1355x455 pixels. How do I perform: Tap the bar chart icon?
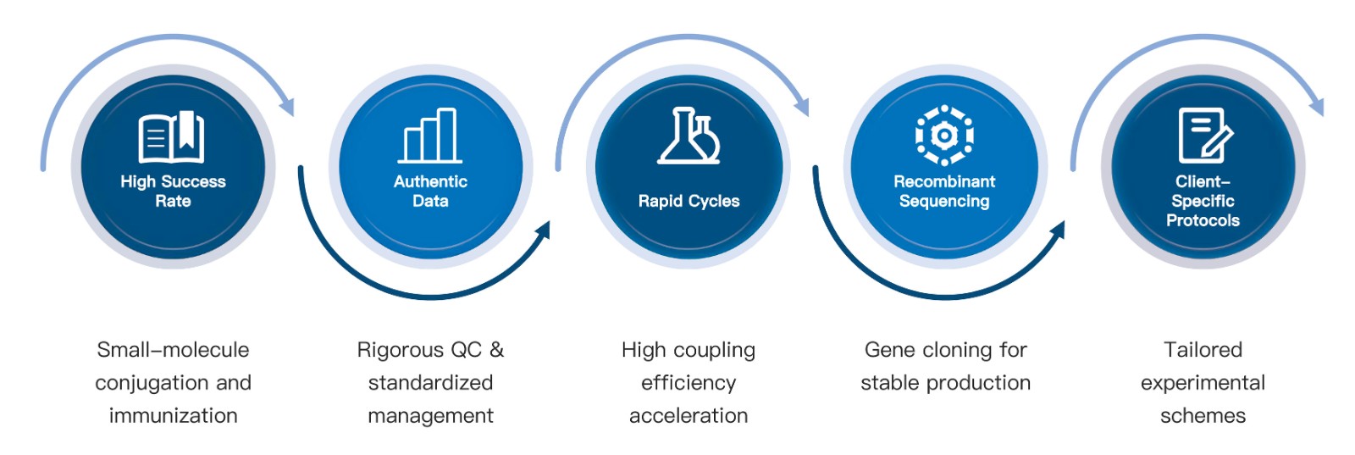pyautogui.click(x=430, y=136)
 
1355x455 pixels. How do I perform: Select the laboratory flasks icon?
pyautogui.click(x=689, y=136)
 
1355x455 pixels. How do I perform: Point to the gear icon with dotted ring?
pyautogui.click(x=944, y=136)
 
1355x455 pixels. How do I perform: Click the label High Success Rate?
pyautogui.click(x=173, y=191)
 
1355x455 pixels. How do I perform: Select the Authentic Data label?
pyautogui.click(x=430, y=191)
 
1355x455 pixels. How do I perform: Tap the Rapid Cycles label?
pyautogui.click(x=689, y=201)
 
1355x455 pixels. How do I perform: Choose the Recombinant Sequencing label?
pyautogui.click(x=944, y=191)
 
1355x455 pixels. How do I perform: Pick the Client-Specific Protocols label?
pyautogui.click(x=1203, y=201)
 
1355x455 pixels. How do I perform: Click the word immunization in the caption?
pyautogui.click(x=173, y=416)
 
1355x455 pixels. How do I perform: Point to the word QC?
pyautogui.click(x=465, y=350)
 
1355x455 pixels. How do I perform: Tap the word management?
pyautogui.click(x=430, y=416)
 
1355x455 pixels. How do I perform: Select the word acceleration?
pyautogui.click(x=689, y=416)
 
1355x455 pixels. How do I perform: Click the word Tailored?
pyautogui.click(x=1203, y=350)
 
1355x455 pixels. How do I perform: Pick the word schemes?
pyautogui.click(x=1203, y=416)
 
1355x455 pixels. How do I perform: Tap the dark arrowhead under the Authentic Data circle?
pyautogui.click(x=543, y=230)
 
